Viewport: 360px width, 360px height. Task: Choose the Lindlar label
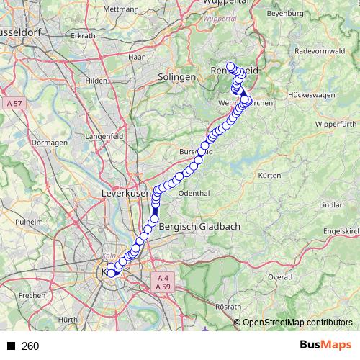coord(330,204)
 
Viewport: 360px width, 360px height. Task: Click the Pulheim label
coord(30,222)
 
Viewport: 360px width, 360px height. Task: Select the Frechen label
coord(32,295)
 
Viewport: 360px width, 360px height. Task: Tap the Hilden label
coord(96,81)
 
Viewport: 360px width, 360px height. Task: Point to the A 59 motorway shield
coord(162,287)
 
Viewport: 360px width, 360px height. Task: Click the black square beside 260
coord(11,346)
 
